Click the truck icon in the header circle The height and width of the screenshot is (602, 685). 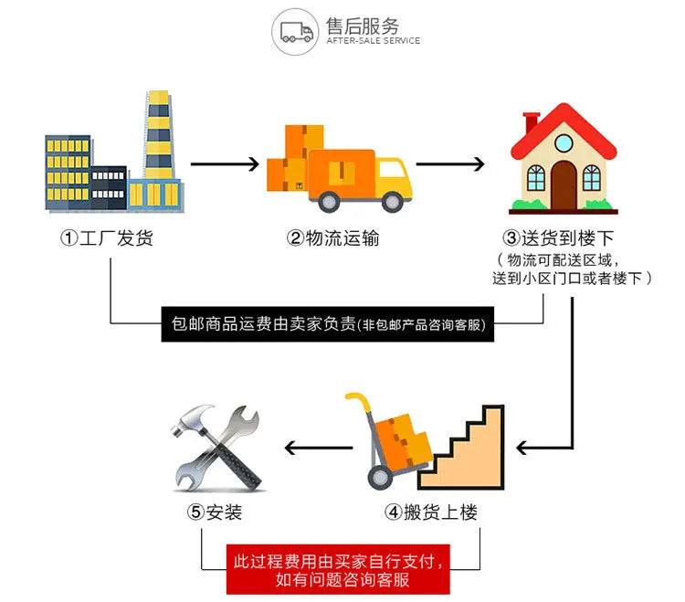[x=294, y=30]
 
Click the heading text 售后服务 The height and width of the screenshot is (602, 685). [x=363, y=25]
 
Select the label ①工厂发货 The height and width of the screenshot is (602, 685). [x=107, y=238]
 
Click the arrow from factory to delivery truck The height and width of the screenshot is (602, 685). [x=225, y=165]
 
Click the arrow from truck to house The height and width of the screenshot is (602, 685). [x=450, y=165]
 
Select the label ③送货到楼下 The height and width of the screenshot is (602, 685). [x=573, y=238]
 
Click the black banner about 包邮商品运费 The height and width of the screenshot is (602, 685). [x=328, y=324]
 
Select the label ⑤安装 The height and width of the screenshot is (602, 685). [x=216, y=512]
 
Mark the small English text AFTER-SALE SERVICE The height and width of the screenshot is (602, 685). [x=374, y=41]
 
